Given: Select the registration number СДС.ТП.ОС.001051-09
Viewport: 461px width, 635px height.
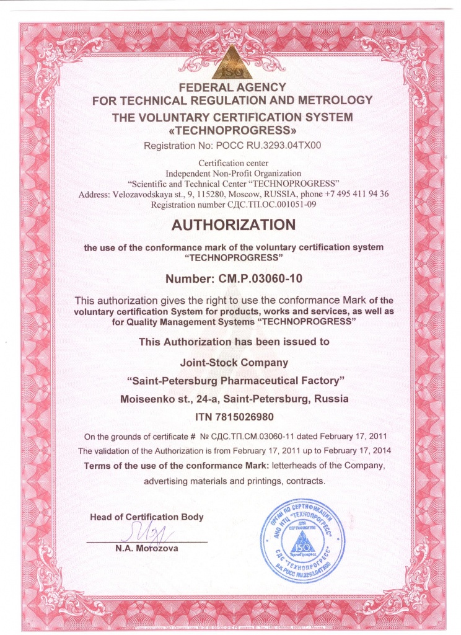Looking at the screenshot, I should [271, 204].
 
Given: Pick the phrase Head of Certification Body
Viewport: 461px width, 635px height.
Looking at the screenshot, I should [146, 517].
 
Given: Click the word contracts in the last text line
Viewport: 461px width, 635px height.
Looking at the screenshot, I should [303, 481].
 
